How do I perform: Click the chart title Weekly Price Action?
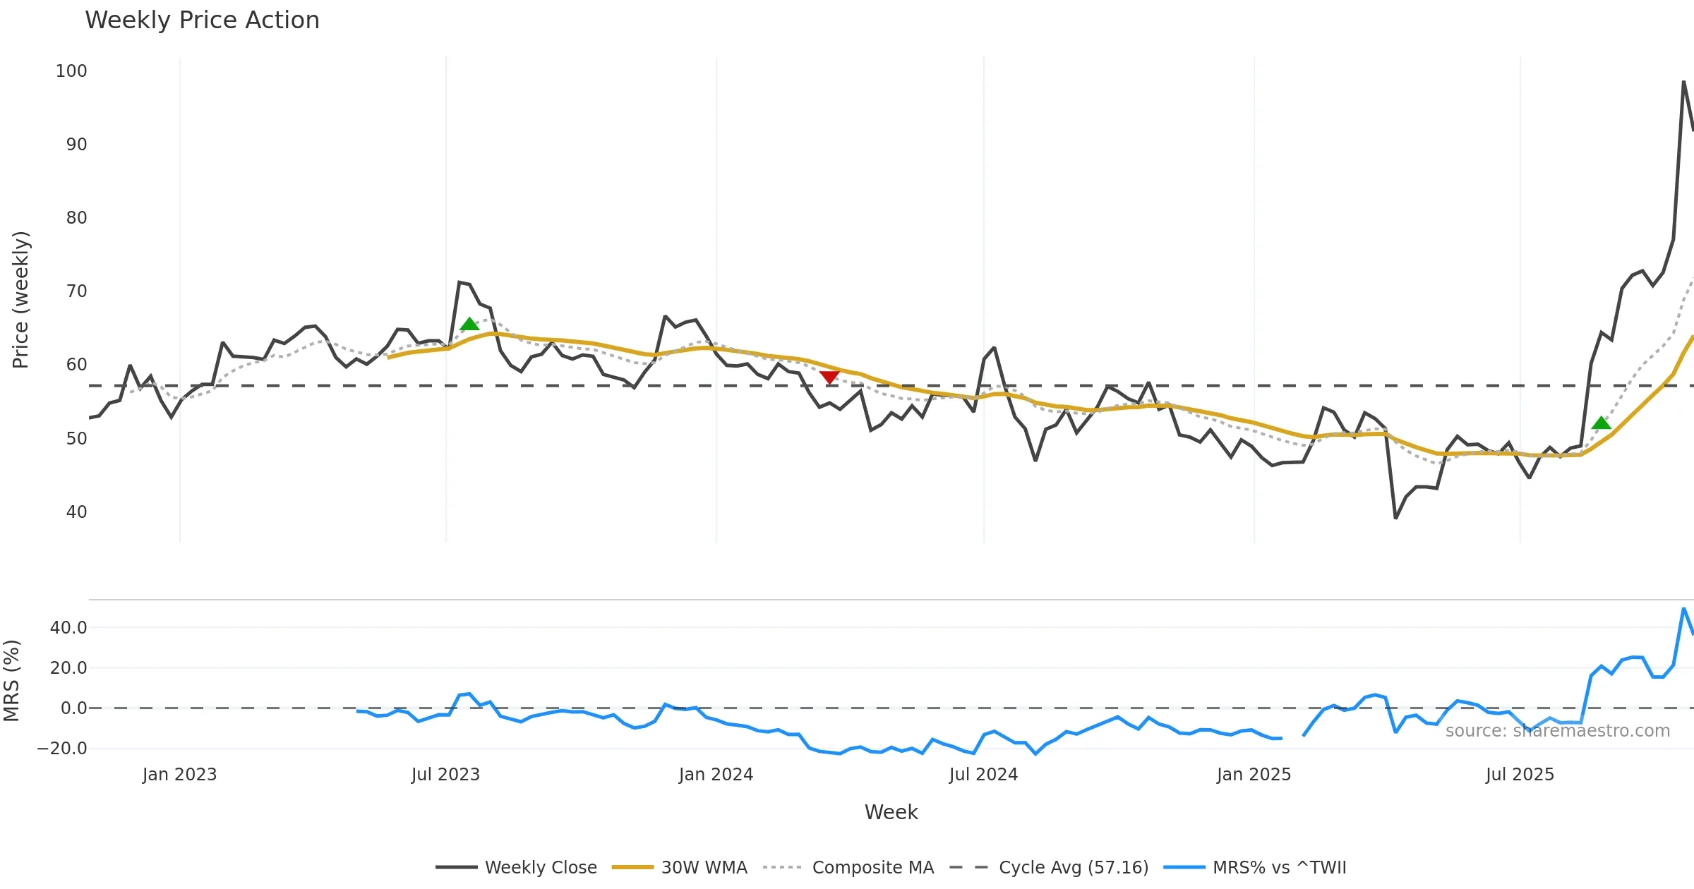click(202, 20)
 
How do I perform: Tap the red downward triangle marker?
click(829, 378)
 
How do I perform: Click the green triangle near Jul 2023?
click(469, 325)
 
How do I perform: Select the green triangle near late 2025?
click(1602, 423)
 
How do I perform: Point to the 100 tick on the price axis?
click(71, 71)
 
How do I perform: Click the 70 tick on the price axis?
click(76, 291)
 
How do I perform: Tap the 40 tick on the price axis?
click(76, 512)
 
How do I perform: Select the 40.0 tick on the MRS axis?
click(68, 628)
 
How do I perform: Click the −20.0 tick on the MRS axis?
click(62, 749)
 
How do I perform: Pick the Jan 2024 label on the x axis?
click(716, 775)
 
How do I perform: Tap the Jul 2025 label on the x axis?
click(1520, 775)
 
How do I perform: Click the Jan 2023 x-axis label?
click(179, 775)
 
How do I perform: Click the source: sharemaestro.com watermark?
click(1557, 731)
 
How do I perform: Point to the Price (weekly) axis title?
click(20, 300)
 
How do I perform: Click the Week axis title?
click(891, 813)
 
